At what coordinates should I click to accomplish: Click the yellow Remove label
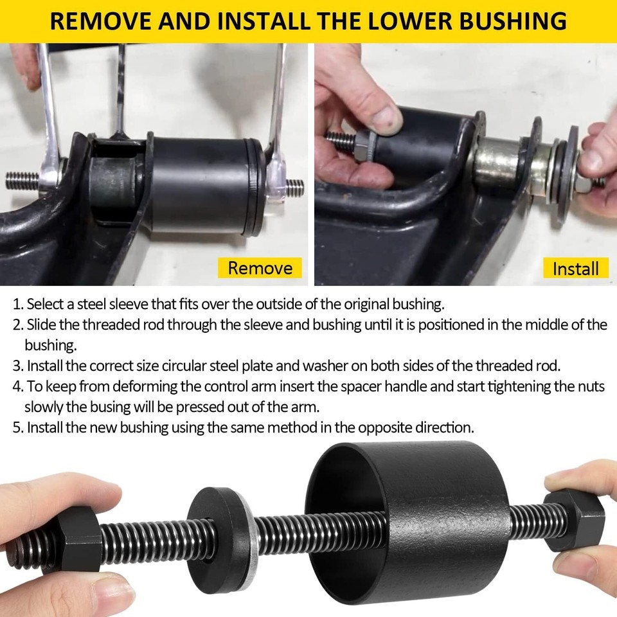(x=260, y=267)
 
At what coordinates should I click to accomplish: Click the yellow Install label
(x=575, y=268)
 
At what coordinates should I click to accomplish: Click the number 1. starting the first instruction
(x=18, y=303)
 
